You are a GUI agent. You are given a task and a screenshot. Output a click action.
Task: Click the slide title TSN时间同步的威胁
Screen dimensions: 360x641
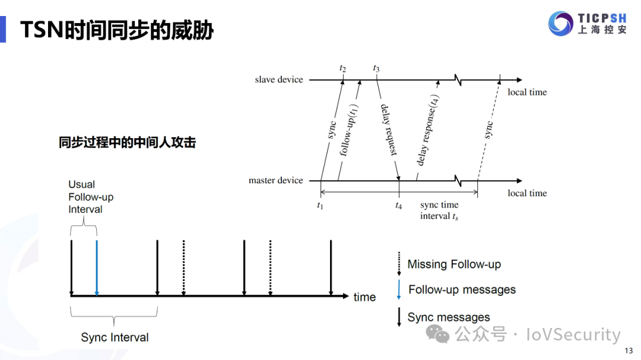coord(117,30)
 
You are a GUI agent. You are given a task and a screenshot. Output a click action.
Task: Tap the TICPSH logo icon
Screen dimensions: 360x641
coord(561,24)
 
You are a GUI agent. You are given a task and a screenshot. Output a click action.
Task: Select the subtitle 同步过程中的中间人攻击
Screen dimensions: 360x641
coord(127,143)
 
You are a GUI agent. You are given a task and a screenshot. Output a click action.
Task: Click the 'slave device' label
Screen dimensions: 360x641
coord(279,79)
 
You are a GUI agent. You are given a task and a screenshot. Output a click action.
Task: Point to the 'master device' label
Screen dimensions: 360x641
coord(276,180)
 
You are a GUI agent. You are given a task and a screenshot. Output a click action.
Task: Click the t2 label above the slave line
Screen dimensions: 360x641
coord(343,68)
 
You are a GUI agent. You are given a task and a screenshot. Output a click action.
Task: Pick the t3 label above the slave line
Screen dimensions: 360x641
coord(376,68)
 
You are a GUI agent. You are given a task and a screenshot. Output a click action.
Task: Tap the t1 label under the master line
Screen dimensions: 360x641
coord(320,205)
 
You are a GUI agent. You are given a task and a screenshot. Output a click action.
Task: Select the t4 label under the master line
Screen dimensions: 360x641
coord(399,205)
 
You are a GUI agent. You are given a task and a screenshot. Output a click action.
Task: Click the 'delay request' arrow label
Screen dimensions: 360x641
coord(388,130)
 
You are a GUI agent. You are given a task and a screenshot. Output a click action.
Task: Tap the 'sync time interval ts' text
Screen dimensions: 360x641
coord(439,211)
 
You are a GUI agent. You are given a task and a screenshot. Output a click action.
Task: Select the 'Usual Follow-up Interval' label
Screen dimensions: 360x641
coord(91,197)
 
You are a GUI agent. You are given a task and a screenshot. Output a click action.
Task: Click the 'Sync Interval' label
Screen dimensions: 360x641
coord(115,337)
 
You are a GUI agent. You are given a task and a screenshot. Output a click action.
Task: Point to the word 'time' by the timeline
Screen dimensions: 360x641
coord(364,297)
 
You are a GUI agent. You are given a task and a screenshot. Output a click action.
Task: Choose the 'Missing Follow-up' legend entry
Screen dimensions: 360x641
coord(454,265)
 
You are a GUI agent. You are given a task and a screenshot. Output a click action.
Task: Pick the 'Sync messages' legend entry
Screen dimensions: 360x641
coord(449,317)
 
